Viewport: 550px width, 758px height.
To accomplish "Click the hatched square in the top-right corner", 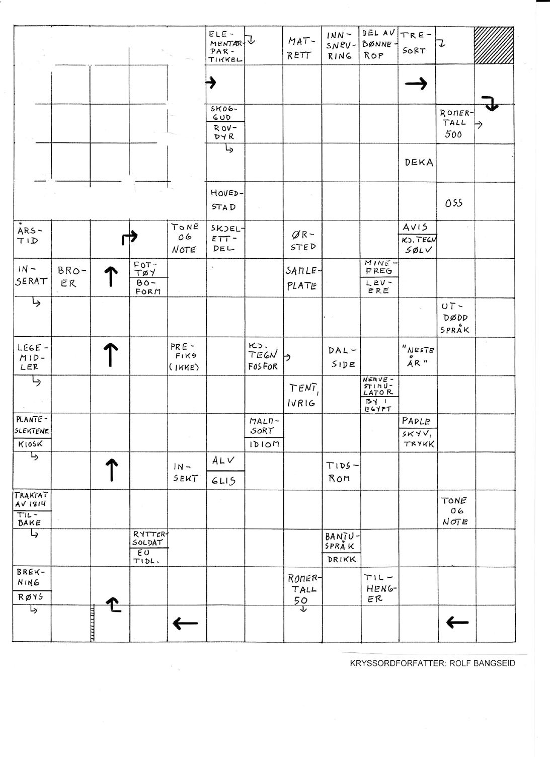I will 494,45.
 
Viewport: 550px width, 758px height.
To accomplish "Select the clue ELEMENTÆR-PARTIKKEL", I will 225,46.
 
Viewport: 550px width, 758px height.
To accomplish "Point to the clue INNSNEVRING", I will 341,45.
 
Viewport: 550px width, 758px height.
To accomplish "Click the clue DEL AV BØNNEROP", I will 379,44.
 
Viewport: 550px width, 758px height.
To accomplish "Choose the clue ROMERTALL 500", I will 455,123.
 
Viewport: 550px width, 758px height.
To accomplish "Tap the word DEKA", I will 419,163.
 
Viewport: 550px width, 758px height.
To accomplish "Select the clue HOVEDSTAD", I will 224,200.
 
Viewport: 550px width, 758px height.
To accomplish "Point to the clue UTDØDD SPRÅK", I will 455,318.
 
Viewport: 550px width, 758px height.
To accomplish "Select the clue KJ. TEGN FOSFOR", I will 263,357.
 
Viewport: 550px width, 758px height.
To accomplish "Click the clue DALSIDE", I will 342,357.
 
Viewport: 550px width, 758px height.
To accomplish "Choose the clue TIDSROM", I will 341,472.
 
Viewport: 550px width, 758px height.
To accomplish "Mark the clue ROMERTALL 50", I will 303,588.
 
